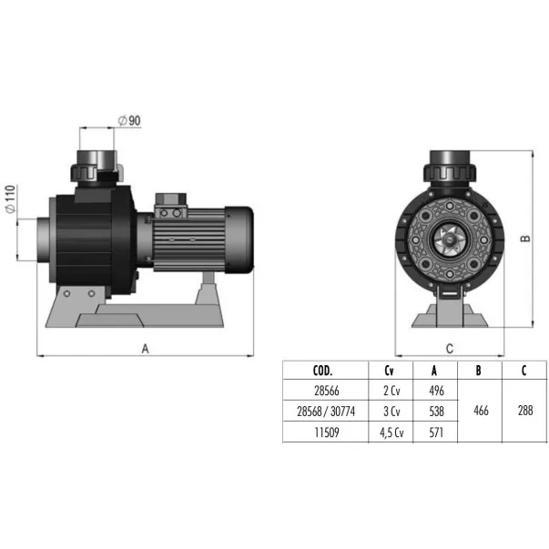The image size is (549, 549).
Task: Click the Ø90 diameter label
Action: point(129,121)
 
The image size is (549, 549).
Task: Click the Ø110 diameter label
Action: point(11,198)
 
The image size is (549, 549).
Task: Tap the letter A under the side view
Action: point(145,349)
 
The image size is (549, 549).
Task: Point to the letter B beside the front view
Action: point(525,239)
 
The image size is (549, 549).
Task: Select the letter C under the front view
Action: point(450,349)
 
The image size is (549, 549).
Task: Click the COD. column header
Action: point(322,371)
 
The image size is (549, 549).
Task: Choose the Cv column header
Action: point(389,371)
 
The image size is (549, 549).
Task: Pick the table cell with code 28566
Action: point(327,391)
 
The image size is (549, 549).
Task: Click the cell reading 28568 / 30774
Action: point(326,412)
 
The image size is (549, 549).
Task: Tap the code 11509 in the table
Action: point(327,432)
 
